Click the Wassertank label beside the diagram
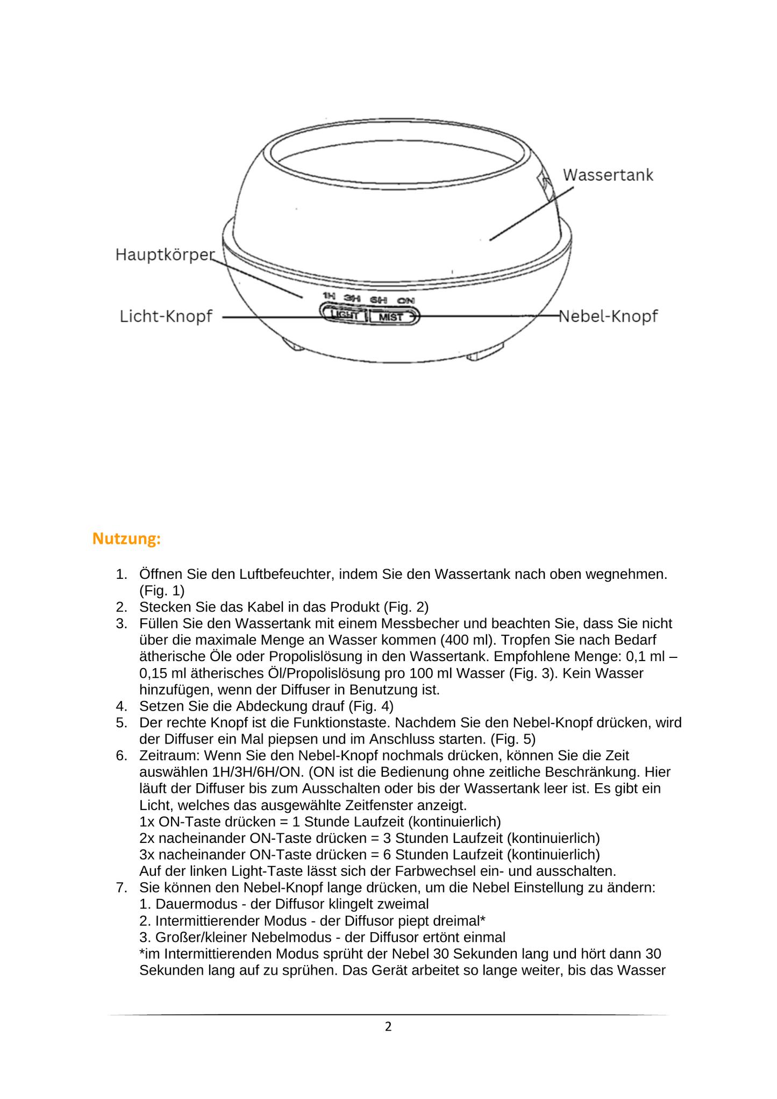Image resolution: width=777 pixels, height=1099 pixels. click(608, 175)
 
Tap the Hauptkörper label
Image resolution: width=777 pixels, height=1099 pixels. click(165, 254)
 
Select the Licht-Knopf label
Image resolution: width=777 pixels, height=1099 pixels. click(166, 316)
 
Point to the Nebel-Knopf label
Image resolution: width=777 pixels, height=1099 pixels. click(608, 316)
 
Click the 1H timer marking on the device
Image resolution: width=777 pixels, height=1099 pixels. click(329, 296)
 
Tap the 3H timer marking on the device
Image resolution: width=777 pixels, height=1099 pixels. click(352, 298)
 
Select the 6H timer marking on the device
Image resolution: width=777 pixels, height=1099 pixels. click(379, 300)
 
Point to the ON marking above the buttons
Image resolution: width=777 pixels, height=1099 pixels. click(406, 301)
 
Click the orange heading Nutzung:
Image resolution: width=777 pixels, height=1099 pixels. click(126, 538)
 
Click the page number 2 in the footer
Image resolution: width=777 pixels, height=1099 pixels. click(388, 1026)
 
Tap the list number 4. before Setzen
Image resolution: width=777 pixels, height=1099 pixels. click(122, 706)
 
